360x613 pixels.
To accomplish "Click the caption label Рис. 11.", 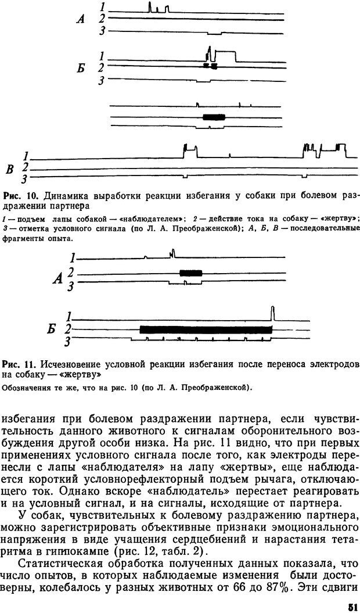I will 17,364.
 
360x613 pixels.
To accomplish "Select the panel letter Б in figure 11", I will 52,329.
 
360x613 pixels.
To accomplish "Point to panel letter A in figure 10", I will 81,19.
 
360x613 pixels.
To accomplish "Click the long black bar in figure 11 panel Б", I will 206,329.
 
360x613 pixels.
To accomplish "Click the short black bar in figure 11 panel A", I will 190,273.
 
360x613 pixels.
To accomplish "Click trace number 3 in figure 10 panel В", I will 24,177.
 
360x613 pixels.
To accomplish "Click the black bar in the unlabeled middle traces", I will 214,117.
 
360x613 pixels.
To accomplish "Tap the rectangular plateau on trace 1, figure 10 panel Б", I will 226,55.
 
